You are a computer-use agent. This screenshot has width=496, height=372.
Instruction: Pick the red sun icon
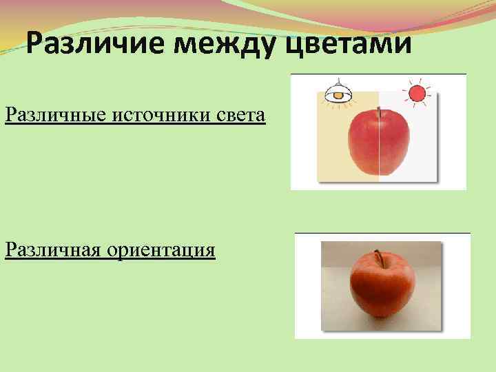(x=416, y=93)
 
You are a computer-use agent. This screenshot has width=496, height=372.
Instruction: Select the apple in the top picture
(x=378, y=145)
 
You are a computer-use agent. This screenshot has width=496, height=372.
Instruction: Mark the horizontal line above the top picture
(x=378, y=74)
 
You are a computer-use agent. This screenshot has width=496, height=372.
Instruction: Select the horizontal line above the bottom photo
(x=382, y=233)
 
